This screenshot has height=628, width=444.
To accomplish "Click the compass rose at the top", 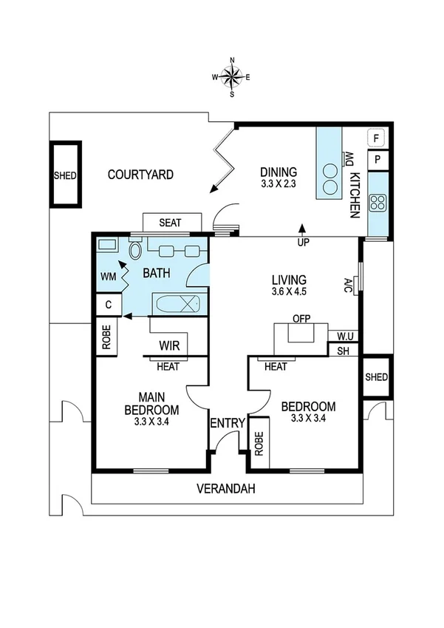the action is pyautogui.click(x=232, y=76).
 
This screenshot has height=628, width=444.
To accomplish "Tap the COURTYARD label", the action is pyautogui.click(x=140, y=175).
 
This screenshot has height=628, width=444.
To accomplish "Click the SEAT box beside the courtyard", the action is pyautogui.click(x=171, y=222).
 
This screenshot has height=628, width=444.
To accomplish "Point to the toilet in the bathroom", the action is pyautogui.click(x=134, y=251).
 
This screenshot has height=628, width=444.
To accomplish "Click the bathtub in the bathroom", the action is pyautogui.click(x=177, y=303).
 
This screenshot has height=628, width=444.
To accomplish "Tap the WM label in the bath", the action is pyautogui.click(x=107, y=276).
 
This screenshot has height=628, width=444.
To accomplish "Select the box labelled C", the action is pyautogui.click(x=108, y=304).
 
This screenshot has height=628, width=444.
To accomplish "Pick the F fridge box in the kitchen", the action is pyautogui.click(x=378, y=138).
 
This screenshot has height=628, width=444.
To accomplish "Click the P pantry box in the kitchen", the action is pyautogui.click(x=378, y=159).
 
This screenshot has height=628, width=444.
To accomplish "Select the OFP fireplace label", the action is pyautogui.click(x=300, y=320).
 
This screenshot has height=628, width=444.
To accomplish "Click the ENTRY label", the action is pyautogui.click(x=228, y=423).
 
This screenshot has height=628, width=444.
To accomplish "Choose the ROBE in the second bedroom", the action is pyautogui.click(x=259, y=442).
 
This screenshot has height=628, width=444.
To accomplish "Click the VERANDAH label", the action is pyautogui.click(x=226, y=488).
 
